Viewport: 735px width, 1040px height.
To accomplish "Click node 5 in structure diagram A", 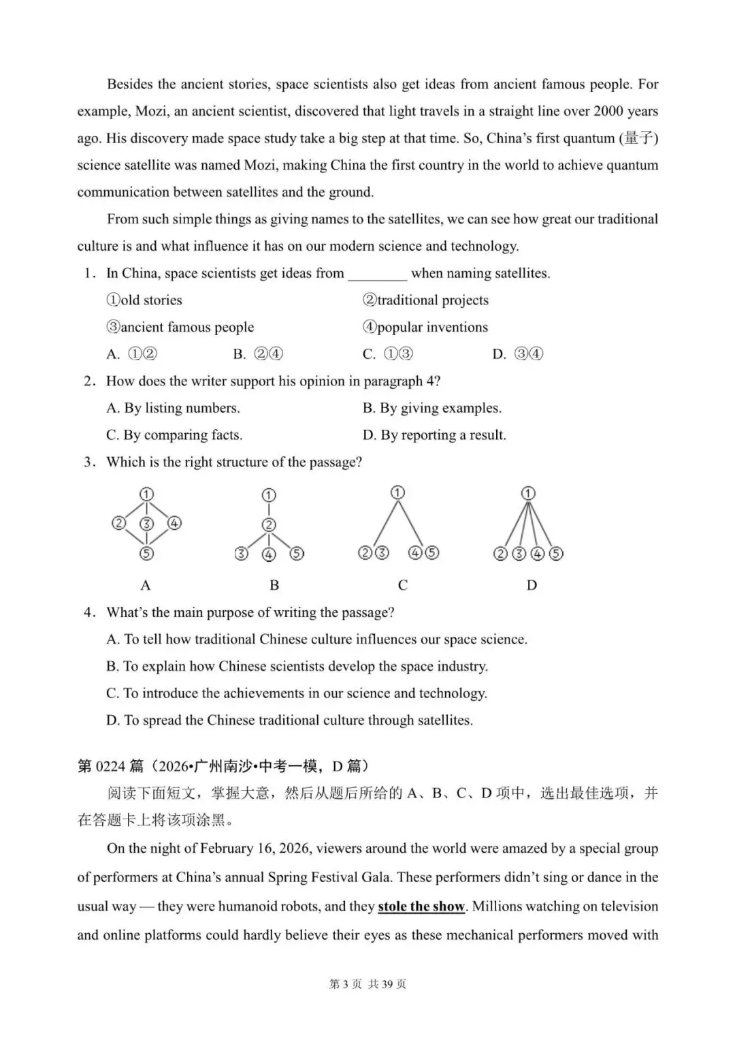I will click(x=146, y=554).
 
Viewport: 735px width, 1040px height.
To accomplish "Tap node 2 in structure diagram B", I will click(x=269, y=524).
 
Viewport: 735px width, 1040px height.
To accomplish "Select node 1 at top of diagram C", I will click(x=398, y=492).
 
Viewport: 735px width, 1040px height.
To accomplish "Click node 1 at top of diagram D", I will click(x=528, y=493).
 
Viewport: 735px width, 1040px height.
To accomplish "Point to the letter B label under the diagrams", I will click(x=274, y=585).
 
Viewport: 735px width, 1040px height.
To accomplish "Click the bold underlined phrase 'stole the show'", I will click(x=421, y=907).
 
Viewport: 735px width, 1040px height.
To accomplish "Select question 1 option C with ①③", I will click(x=388, y=354).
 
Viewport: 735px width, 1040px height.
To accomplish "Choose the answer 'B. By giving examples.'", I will click(x=432, y=408).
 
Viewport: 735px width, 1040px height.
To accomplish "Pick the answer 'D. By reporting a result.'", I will click(x=434, y=435).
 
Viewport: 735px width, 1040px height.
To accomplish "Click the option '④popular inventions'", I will click(x=425, y=327).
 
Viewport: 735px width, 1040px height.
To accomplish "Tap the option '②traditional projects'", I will click(x=425, y=300).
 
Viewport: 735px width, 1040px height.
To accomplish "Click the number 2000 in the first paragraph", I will click(x=608, y=111).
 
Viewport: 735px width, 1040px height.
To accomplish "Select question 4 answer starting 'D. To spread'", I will click(x=289, y=720).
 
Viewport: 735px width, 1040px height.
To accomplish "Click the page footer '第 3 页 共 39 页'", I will click(x=367, y=984).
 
